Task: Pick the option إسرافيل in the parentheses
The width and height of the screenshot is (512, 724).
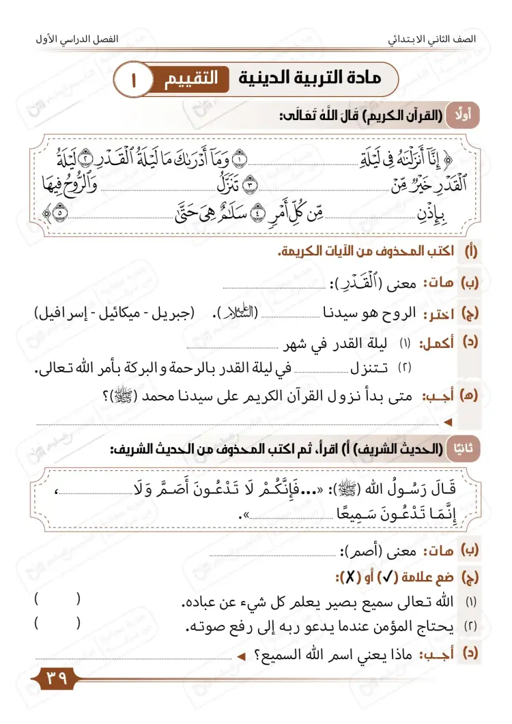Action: click(x=66, y=313)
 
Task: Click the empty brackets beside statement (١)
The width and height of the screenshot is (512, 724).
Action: click(x=57, y=600)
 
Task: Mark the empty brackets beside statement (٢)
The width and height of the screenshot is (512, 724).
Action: click(x=57, y=623)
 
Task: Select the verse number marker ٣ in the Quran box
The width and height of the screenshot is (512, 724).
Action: click(x=250, y=185)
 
